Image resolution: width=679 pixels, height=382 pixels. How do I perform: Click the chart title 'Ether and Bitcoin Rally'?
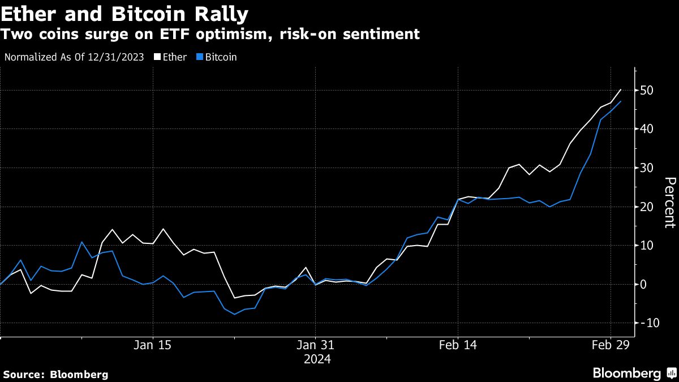(124, 12)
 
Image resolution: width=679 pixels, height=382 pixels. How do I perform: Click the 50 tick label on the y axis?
(647, 91)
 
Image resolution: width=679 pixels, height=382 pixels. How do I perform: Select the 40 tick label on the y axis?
(647, 129)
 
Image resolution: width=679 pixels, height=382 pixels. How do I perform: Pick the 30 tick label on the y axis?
(647, 168)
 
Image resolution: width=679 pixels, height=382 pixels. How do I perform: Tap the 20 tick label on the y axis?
(647, 207)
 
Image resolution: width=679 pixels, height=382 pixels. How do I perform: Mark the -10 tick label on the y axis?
(646, 323)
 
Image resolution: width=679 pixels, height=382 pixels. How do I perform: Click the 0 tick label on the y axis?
(644, 284)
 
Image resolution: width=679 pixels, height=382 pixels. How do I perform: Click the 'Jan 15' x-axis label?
(153, 345)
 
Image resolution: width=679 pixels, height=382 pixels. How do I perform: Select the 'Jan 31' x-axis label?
(316, 345)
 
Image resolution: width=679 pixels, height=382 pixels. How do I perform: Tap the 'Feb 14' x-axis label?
(458, 345)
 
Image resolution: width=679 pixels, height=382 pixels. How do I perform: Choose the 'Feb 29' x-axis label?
(610, 345)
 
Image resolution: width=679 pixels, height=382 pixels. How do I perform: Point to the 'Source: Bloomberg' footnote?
(55, 374)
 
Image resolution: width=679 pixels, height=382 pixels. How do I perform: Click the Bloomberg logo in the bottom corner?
(634, 373)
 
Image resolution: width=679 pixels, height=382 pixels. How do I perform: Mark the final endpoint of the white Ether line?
(621, 89)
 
